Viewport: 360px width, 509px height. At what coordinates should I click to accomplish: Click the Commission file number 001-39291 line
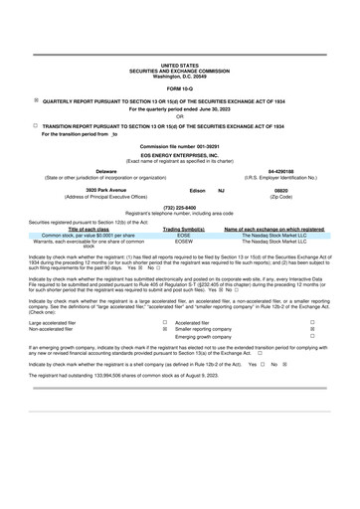(x=179, y=147)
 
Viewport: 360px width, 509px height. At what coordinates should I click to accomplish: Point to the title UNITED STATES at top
(x=179, y=63)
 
